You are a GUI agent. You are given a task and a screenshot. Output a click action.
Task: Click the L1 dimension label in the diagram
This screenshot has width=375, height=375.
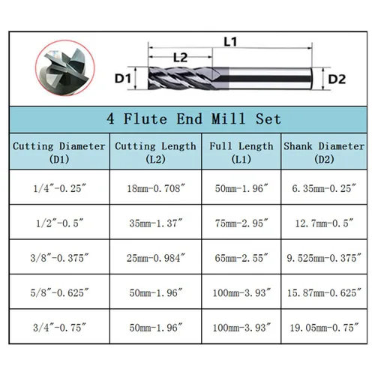point(230,41)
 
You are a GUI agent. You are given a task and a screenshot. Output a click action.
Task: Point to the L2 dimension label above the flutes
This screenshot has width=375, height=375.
point(180,58)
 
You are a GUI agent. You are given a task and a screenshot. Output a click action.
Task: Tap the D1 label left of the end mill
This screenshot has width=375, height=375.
point(122,79)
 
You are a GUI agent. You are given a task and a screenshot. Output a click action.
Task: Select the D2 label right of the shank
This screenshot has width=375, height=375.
point(337,79)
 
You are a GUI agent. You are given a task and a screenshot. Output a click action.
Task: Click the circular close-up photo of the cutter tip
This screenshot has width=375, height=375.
point(65,68)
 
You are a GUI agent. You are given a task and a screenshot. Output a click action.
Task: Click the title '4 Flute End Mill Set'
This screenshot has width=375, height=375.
point(193,118)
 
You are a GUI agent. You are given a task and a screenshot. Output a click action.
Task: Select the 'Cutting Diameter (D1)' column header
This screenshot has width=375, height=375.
point(59,152)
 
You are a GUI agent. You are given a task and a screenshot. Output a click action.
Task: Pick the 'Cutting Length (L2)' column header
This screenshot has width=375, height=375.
point(155,152)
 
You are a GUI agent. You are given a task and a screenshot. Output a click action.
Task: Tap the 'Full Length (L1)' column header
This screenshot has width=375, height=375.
point(241,152)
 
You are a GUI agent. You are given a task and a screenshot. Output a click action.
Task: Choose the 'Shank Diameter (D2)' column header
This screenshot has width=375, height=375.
point(324,152)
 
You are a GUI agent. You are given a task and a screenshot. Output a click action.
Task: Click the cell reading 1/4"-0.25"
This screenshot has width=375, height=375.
point(59,188)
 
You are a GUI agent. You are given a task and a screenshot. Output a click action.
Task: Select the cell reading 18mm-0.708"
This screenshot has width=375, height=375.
point(156,188)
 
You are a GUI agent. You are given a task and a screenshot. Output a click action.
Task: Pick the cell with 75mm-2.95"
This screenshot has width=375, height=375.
point(241,223)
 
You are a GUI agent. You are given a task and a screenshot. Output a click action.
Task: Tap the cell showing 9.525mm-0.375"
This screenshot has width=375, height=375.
point(324,258)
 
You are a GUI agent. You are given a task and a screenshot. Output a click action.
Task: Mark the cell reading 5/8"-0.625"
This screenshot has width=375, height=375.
point(59,292)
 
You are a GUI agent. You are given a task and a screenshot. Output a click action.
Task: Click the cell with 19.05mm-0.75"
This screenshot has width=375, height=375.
point(324,327)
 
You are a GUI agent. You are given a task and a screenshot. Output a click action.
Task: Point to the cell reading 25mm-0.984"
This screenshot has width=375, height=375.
point(156,258)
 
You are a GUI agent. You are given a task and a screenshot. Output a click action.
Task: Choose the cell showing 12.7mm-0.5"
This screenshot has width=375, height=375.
point(324,223)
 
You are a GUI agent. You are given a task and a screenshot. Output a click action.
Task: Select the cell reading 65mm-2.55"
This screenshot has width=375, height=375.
point(241,258)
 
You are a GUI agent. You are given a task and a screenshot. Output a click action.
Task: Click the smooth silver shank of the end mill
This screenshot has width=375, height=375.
point(270,78)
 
